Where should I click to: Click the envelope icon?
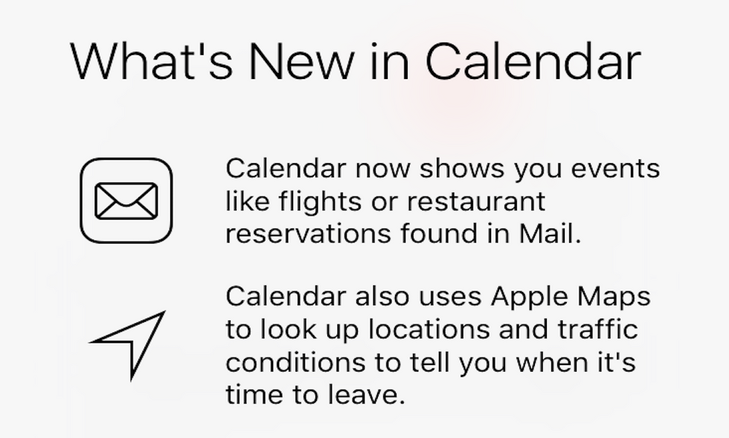(x=126, y=200)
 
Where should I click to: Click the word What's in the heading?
(x=151, y=61)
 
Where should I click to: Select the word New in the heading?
(x=302, y=61)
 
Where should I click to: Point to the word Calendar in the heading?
(x=533, y=61)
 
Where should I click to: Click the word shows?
(x=462, y=168)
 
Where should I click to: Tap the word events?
(x=615, y=168)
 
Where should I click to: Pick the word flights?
(x=320, y=202)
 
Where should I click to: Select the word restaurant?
(x=476, y=202)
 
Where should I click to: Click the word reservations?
(x=308, y=233)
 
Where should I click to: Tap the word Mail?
(x=550, y=232)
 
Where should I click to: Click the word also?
(x=382, y=296)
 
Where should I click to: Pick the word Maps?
(x=614, y=297)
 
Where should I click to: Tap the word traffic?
(x=597, y=329)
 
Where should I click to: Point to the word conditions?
(x=296, y=362)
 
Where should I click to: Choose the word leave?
(x=366, y=395)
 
